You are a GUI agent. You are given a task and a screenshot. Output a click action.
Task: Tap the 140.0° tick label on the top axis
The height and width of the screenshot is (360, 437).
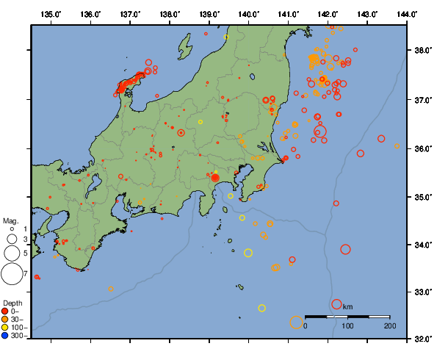(249, 14)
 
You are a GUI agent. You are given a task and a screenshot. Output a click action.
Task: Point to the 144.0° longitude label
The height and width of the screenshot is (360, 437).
(408, 14)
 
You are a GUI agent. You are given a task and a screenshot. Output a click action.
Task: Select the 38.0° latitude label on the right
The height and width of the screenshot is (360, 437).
(422, 51)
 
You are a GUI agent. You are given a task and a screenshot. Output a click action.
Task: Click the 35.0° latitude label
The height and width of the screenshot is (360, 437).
(422, 197)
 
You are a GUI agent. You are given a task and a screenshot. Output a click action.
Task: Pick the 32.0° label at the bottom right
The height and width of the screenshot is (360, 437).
(422, 339)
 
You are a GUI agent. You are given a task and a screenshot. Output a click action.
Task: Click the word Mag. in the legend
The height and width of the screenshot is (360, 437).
(10, 220)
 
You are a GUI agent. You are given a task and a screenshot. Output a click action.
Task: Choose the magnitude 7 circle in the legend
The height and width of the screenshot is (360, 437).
(11, 274)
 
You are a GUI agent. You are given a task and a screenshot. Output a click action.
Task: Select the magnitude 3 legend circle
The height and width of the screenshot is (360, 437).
(11, 239)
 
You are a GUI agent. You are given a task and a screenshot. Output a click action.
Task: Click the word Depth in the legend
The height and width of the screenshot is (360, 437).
(12, 303)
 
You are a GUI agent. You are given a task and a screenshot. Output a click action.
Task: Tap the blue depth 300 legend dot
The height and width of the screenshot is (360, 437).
(7, 336)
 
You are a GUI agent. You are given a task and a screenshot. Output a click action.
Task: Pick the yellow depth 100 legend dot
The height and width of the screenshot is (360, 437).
(7, 328)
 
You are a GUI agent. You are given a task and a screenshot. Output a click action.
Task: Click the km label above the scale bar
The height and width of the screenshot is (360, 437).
(347, 306)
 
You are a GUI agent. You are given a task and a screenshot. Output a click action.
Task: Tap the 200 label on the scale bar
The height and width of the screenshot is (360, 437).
(389, 325)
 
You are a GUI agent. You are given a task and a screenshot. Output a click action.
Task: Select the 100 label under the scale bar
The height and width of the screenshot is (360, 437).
(347, 325)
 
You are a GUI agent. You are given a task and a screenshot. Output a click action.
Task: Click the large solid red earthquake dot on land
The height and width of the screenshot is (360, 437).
(215, 178)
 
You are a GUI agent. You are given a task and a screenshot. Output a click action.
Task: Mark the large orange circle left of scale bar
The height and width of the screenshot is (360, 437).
(296, 322)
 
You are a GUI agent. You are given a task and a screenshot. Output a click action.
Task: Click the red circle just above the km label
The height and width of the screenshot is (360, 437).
(336, 303)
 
